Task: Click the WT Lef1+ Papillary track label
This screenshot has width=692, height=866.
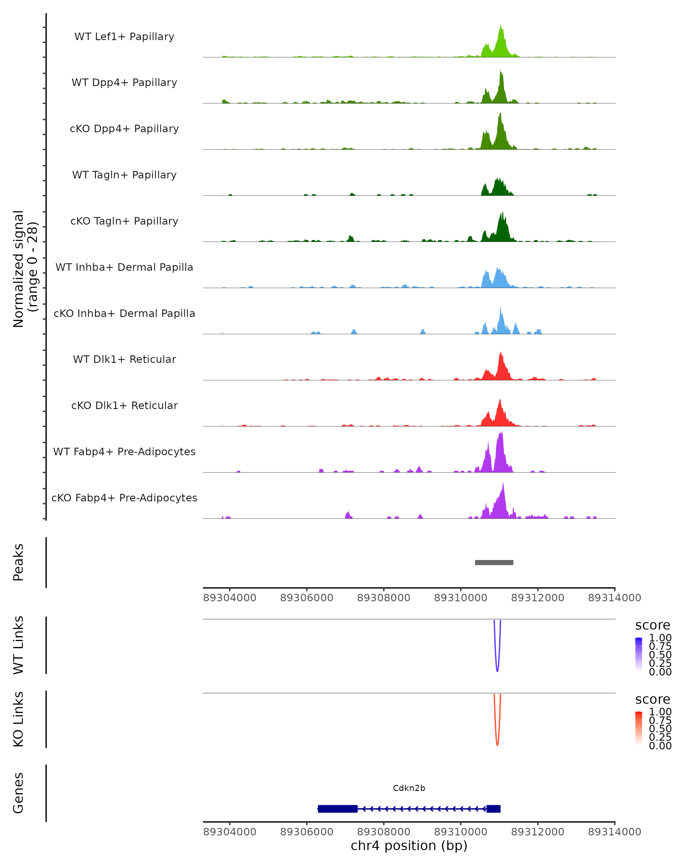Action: pyautogui.click(x=124, y=37)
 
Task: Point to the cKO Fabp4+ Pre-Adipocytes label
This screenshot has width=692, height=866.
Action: pyautogui.click(x=124, y=498)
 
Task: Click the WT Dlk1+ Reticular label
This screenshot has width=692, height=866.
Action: pyautogui.click(x=124, y=359)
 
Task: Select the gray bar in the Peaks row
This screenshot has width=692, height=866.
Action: pyautogui.click(x=494, y=562)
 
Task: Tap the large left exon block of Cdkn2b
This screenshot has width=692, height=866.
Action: pyautogui.click(x=337, y=809)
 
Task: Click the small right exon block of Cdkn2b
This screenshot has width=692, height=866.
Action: pyautogui.click(x=493, y=809)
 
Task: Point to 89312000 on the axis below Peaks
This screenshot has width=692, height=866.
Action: pyautogui.click(x=537, y=598)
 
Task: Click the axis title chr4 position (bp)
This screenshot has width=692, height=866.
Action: pyautogui.click(x=409, y=846)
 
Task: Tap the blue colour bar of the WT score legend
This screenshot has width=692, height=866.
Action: pyautogui.click(x=639, y=654)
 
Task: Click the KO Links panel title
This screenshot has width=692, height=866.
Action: pyautogui.click(x=18, y=719)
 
